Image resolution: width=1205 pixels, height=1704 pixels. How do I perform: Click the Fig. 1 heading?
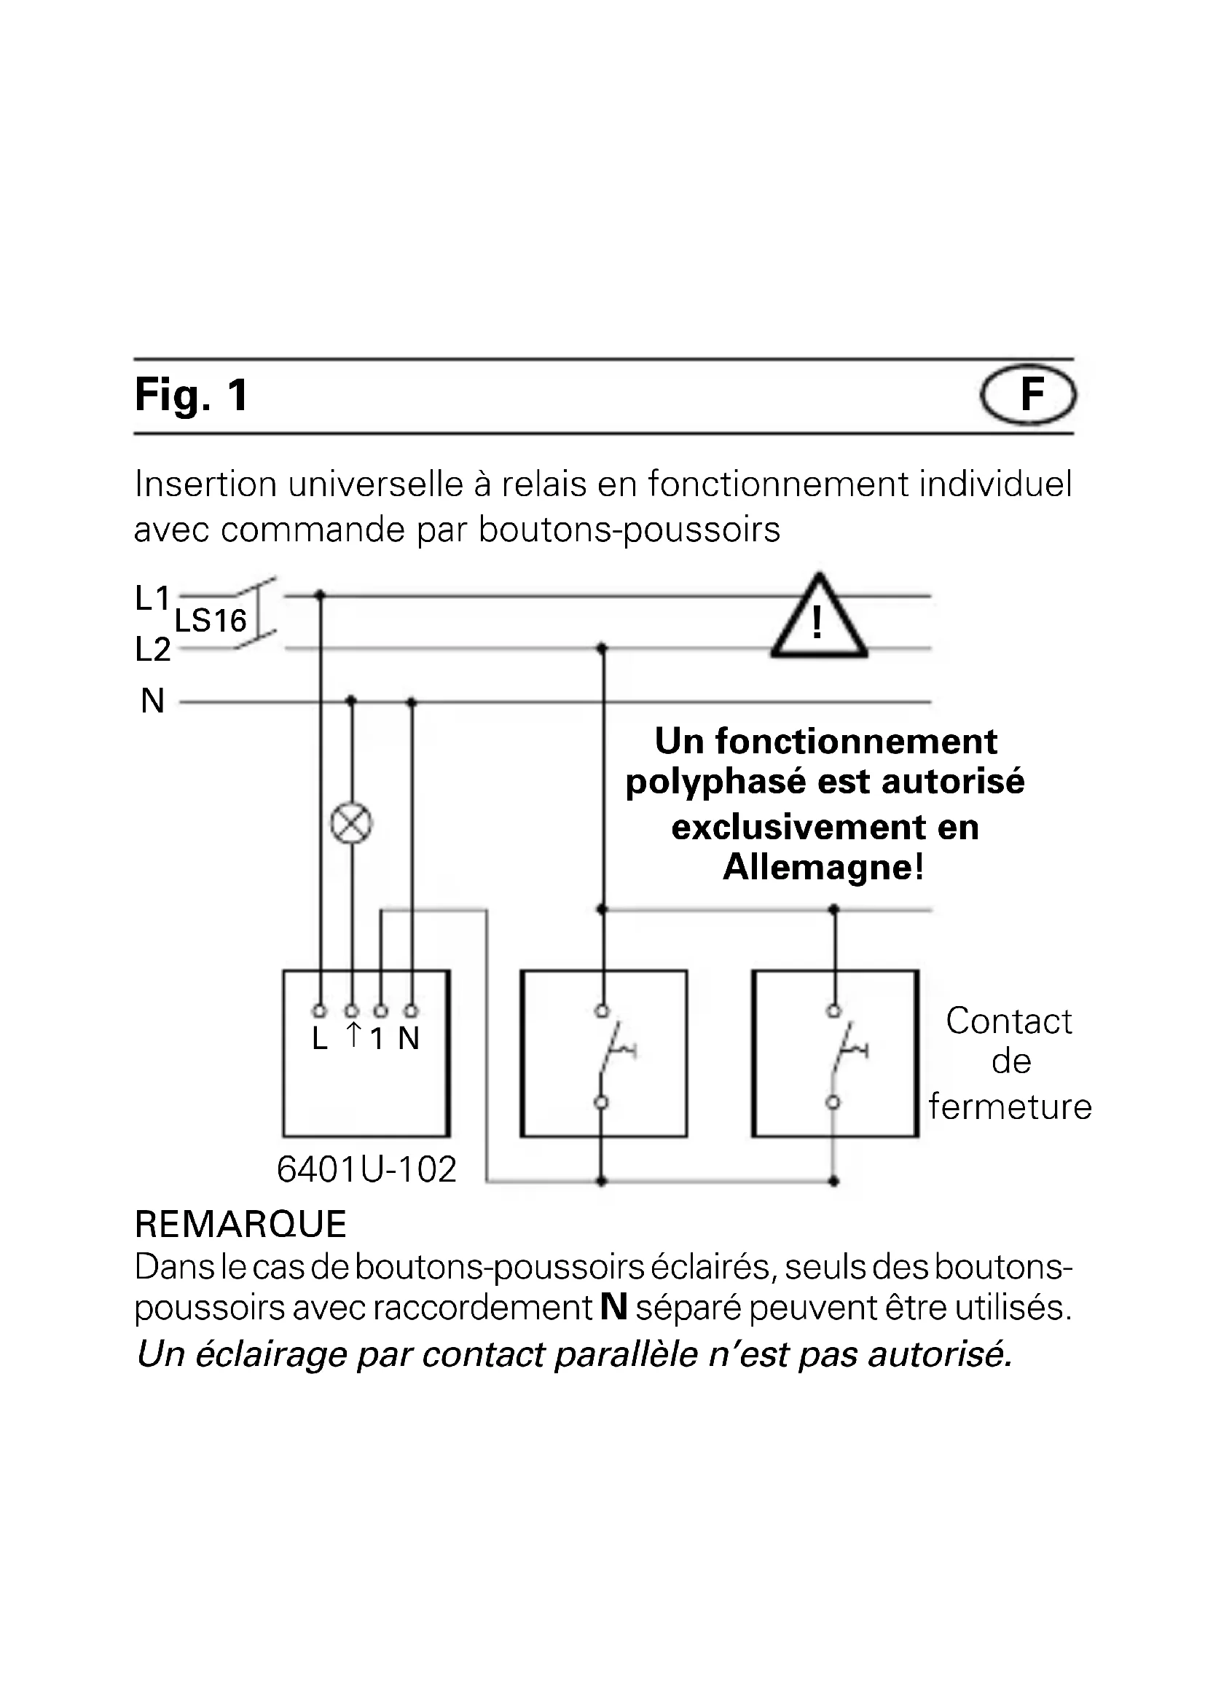point(192,396)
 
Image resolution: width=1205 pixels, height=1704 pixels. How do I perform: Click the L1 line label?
point(153,598)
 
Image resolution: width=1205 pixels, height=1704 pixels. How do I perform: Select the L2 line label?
point(153,650)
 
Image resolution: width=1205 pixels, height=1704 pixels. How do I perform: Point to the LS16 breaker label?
point(210,621)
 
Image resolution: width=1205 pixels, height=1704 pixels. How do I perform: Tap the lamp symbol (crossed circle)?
point(351,824)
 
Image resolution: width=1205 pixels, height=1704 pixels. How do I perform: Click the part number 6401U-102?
point(366,1171)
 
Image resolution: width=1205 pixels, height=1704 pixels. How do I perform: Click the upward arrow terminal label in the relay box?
point(354,1035)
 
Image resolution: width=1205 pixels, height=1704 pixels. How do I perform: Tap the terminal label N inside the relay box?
point(409,1039)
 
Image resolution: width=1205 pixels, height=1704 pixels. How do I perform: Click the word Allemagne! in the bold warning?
point(824,867)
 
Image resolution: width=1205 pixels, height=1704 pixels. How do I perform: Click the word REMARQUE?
point(240,1225)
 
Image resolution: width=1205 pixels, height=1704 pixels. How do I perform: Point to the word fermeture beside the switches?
point(1010,1107)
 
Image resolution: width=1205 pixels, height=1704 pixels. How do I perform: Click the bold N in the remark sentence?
point(613,1307)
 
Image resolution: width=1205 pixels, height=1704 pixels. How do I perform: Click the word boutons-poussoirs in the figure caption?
point(629,530)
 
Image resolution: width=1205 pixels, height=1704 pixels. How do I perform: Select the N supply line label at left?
point(153,702)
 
